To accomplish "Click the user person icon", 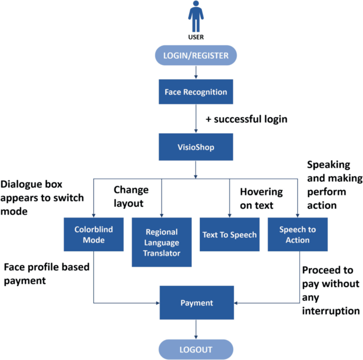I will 196,16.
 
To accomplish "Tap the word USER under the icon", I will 196,37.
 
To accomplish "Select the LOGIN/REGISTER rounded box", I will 196,55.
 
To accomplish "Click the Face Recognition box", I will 196,92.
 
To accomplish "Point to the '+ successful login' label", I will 246,119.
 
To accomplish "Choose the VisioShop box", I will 196,146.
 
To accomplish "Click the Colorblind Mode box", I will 93,235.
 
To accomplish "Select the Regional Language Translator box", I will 162,242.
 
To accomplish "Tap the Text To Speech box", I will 229,234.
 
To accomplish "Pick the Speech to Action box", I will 297,235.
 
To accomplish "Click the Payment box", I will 196,303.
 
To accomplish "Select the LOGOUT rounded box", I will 196,349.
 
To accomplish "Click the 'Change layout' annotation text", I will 131,196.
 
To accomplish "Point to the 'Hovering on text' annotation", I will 261,198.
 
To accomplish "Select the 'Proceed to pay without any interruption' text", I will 331,291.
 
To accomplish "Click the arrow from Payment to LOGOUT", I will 196,330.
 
